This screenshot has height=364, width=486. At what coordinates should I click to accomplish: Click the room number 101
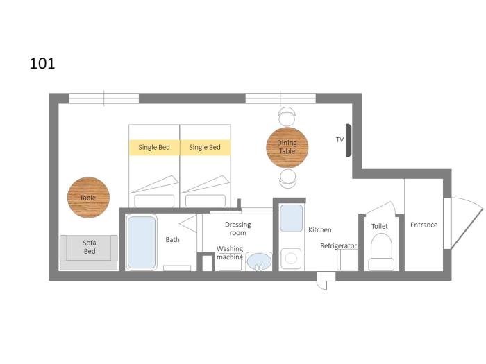42,64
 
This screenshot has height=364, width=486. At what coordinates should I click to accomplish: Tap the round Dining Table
287,148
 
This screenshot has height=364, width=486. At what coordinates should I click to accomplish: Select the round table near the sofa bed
88,198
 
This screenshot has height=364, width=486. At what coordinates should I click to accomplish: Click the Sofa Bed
89,252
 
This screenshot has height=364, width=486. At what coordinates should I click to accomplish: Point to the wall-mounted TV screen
349,140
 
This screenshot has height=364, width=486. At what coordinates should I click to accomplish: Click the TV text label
340,139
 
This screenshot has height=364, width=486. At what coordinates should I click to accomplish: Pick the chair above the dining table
287,116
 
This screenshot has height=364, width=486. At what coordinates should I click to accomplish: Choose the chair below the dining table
287,179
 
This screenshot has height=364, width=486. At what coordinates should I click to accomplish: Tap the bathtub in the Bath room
142,242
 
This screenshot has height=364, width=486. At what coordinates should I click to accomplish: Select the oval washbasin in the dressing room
259,261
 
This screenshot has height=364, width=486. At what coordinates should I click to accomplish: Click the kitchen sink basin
292,218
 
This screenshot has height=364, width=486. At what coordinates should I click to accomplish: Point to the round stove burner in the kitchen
291,259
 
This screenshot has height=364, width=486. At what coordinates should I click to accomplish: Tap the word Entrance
424,225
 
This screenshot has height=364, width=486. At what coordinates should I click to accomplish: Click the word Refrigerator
339,245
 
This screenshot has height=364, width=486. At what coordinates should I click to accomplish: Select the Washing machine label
230,252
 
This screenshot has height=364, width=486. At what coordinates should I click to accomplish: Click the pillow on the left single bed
154,200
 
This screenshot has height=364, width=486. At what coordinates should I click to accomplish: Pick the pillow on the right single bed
206,200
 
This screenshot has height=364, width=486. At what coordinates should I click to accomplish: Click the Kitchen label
320,230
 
